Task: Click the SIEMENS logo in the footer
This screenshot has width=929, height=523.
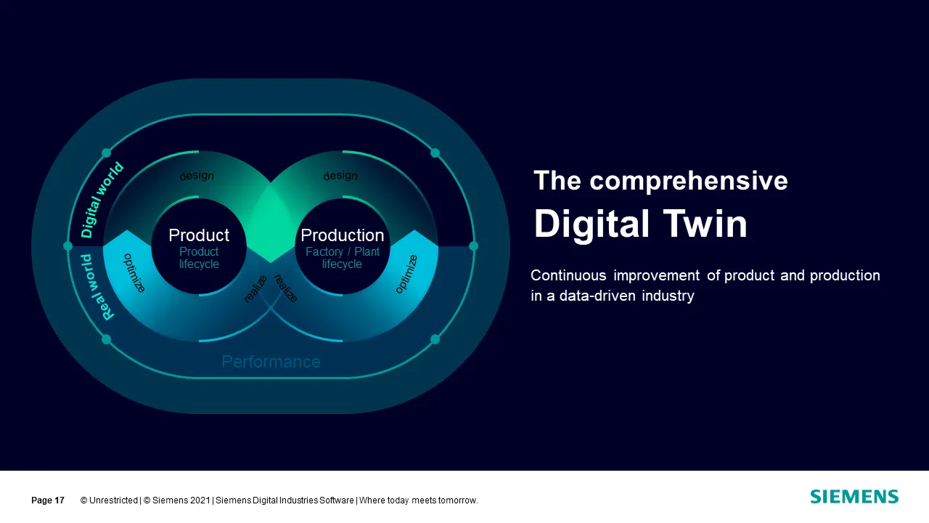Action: pyautogui.click(x=854, y=496)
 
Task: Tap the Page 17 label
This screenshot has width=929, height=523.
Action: pyautogui.click(x=48, y=500)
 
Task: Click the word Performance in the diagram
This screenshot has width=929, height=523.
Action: pyautogui.click(x=271, y=362)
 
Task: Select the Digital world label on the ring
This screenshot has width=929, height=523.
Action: pyautogui.click(x=101, y=200)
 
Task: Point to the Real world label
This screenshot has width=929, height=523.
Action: pyautogui.click(x=97, y=287)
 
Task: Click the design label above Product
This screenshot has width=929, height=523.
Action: pyautogui.click(x=197, y=176)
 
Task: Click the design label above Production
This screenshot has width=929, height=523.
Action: pyautogui.click(x=340, y=176)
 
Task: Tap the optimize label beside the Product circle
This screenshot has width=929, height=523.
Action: pyautogui.click(x=134, y=273)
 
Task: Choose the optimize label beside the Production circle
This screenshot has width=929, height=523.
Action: pyautogui.click(x=406, y=274)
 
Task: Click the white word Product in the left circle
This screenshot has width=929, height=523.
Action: pyautogui.click(x=199, y=235)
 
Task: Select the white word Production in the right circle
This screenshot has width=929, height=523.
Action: pyautogui.click(x=342, y=235)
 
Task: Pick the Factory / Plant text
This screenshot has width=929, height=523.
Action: pyautogui.click(x=343, y=251)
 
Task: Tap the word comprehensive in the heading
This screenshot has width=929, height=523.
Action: pyautogui.click(x=689, y=181)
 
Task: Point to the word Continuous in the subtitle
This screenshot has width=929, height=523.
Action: pyautogui.click(x=568, y=275)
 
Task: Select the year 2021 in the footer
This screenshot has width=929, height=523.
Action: pyautogui.click(x=200, y=500)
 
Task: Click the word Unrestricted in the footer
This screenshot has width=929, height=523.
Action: pyautogui.click(x=113, y=500)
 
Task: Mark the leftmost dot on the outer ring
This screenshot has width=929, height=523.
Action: pyautogui.click(x=67, y=246)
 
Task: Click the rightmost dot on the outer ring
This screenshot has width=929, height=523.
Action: pyautogui.click(x=473, y=246)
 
